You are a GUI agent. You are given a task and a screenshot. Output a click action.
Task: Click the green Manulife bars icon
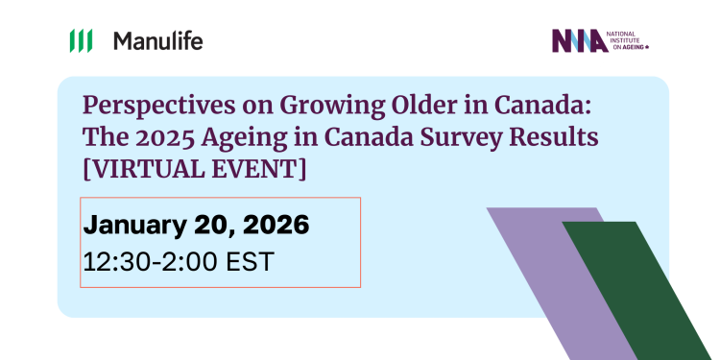pos(81,41)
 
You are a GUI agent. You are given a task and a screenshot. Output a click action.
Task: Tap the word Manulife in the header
pos(158,41)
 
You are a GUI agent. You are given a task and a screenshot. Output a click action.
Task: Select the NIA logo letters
pos(579,41)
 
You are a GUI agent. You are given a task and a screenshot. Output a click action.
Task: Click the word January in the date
pos(132,226)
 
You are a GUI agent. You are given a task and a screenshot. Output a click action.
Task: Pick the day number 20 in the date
pos(208,226)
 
